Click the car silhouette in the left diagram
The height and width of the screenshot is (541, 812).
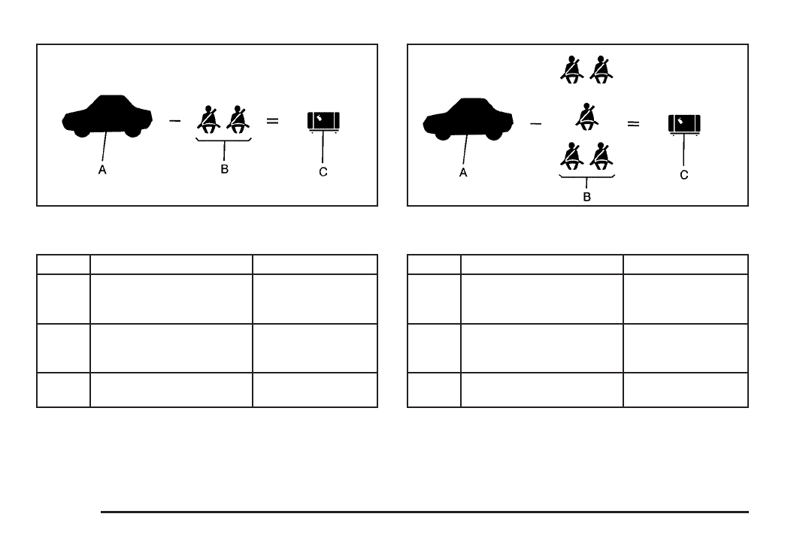click(108, 116)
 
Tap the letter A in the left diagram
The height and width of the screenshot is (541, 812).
click(101, 171)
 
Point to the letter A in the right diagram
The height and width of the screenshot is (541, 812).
click(463, 172)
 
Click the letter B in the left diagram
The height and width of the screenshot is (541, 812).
click(223, 170)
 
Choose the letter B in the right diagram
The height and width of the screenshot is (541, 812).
click(586, 197)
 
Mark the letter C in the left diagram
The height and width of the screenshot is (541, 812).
click(323, 171)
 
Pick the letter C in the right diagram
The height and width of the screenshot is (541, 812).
click(683, 174)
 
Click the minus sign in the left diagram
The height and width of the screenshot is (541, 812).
click(174, 120)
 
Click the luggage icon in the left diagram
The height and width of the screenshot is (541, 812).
click(324, 120)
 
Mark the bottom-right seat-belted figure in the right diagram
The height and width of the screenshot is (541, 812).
click(601, 156)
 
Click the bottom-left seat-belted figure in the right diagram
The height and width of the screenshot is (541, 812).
click(572, 156)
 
